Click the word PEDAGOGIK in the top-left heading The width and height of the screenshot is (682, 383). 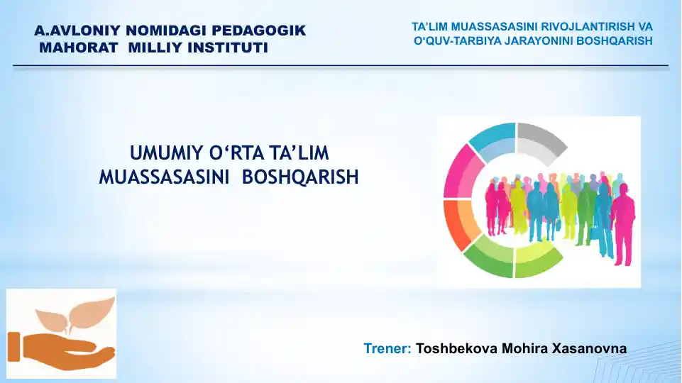(262, 31)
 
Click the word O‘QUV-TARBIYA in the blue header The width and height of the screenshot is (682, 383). (457, 40)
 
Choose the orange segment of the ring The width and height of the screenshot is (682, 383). (458, 224)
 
